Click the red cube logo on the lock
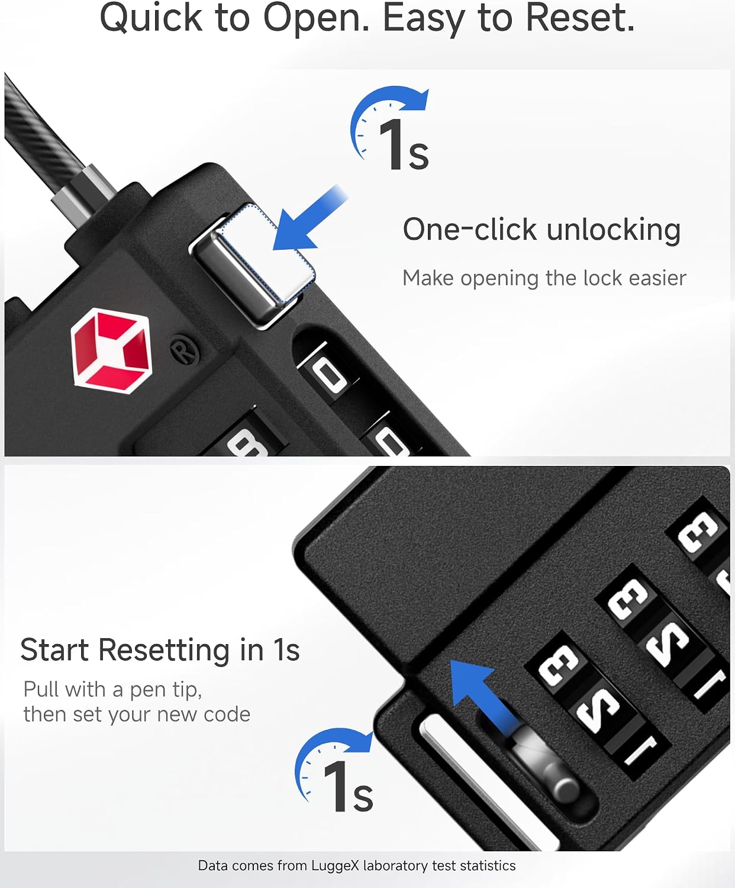click(111, 350)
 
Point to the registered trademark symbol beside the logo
click(185, 350)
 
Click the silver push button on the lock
click(253, 265)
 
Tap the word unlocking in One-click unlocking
click(613, 230)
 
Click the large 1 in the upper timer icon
click(392, 144)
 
